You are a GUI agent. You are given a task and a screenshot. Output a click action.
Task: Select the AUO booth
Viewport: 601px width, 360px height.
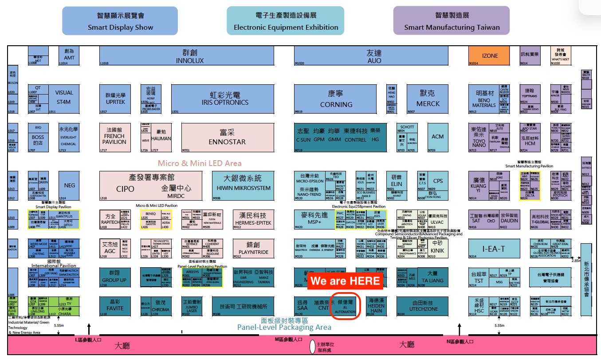pyautogui.click(x=374, y=56)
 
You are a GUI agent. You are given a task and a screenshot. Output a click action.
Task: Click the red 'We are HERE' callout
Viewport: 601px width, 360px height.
pyautogui.click(x=345, y=281)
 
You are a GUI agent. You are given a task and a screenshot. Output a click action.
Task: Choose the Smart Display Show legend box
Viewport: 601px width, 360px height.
pyautogui.click(x=120, y=21)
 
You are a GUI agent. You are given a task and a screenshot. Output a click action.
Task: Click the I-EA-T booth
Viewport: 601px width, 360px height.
pyautogui.click(x=494, y=249)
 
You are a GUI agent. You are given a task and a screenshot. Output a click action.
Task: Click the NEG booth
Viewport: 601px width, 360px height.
pyautogui.click(x=70, y=186)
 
